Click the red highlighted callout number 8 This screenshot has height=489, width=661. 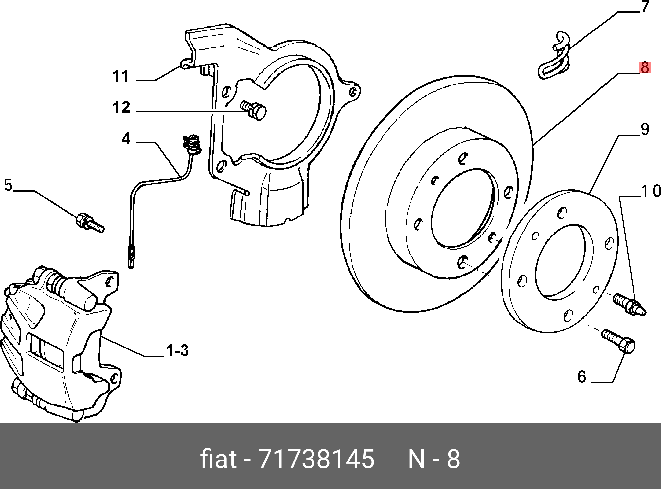[644, 68]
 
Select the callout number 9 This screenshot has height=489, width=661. [644, 129]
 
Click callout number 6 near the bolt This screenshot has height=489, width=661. [581, 377]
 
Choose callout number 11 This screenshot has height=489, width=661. [121, 76]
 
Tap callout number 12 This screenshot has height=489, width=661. [121, 107]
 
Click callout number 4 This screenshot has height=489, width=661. [126, 139]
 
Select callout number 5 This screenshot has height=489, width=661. [8, 185]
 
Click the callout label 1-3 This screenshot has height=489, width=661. [177, 351]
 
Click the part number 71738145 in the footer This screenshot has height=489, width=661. [316, 459]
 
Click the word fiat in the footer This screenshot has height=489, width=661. [218, 459]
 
